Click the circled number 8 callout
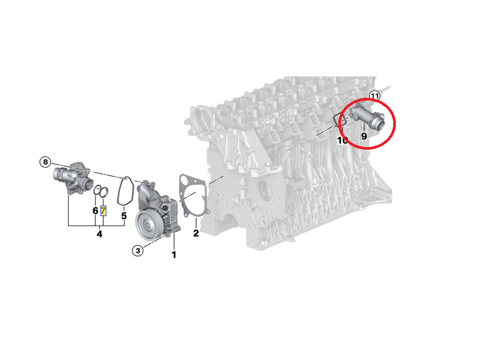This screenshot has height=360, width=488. pos(46,162)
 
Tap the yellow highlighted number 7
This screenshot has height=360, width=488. pos(103,211)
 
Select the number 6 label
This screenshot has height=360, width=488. pos(95,211)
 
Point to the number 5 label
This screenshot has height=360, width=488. pos(124,215)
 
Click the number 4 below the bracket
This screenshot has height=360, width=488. pos(99,234)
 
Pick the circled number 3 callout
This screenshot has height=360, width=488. pos(137,251)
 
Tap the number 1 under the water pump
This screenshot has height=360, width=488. pos(174,255)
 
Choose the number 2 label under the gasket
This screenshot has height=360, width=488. pos(196,233)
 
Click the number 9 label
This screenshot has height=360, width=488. pos(364,136)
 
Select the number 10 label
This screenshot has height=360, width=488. pos(342,140)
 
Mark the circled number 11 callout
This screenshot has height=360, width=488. pos(374,96)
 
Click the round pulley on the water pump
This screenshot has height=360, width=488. pos(147,226)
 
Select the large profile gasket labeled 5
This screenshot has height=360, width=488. pos(125,191)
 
